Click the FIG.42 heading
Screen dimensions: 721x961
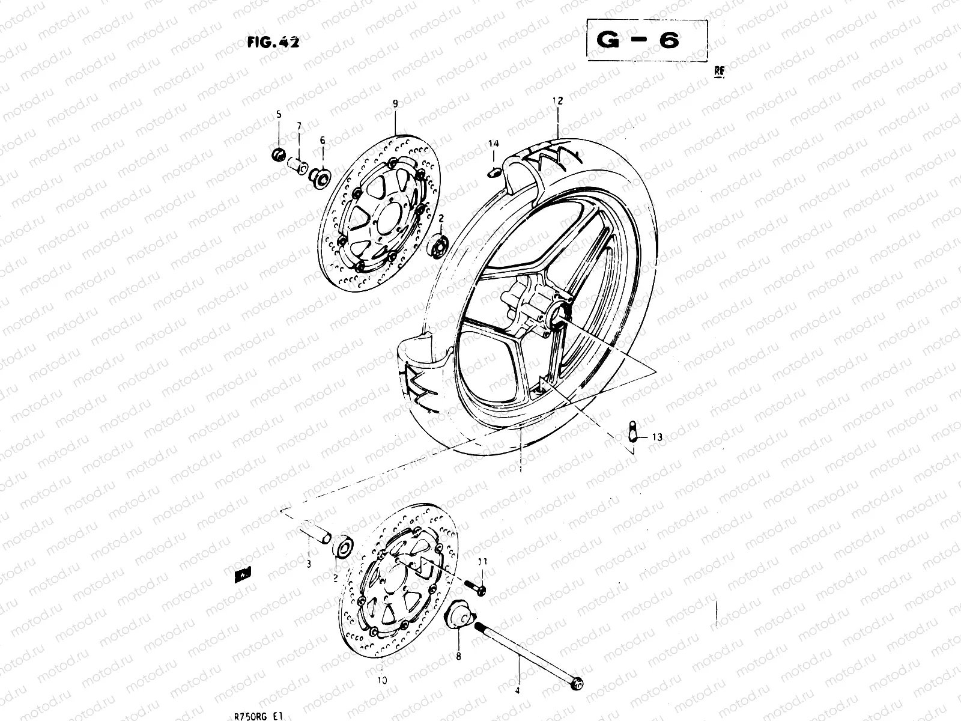click(x=273, y=43)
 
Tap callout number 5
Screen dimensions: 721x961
click(x=279, y=114)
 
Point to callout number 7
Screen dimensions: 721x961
click(x=299, y=125)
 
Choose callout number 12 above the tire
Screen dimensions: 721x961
click(x=559, y=101)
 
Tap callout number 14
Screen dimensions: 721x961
click(x=493, y=144)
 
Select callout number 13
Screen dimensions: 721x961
click(x=657, y=437)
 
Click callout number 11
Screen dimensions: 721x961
click(x=482, y=562)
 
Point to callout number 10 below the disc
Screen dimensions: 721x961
click(x=383, y=681)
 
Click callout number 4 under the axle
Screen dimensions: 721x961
click(x=518, y=691)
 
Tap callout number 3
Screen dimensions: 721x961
click(x=308, y=564)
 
